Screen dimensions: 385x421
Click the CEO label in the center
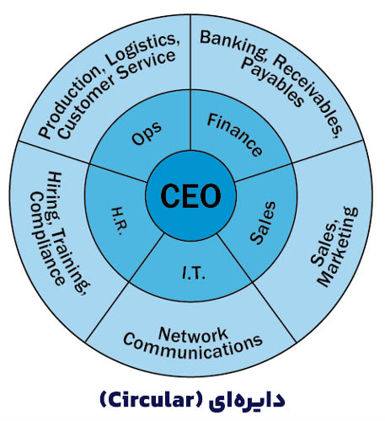(190, 195)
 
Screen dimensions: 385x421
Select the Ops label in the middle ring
(147, 133)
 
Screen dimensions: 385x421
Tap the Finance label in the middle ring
(234, 135)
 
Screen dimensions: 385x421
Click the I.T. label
(194, 273)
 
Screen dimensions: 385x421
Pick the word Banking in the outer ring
(233, 45)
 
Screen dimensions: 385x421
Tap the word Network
(193, 334)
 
